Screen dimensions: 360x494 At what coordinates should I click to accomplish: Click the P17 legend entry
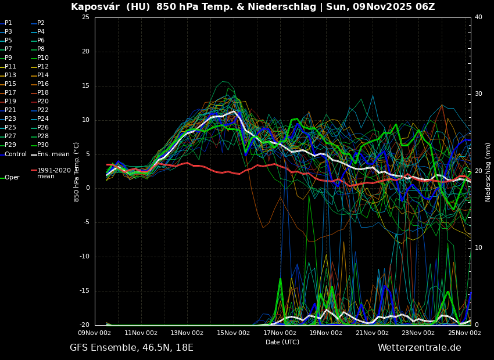click(11, 93)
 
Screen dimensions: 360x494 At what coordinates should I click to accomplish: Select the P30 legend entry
click(43, 145)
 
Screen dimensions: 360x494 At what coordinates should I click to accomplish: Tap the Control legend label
click(16, 154)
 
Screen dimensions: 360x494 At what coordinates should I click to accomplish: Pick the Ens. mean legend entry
click(53, 154)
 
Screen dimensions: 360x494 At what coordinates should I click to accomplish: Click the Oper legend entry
click(12, 178)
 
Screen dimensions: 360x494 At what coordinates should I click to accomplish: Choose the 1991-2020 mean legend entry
click(53, 173)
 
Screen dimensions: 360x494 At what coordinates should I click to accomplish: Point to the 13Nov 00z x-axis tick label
click(187, 333)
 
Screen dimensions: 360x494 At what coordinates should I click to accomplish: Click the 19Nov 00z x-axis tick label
click(325, 333)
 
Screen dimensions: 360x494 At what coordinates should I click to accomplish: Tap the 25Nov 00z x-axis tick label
click(464, 333)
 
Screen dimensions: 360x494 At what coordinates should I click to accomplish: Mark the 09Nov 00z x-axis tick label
click(95, 333)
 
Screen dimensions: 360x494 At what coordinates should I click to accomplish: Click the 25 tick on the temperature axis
click(85, 17)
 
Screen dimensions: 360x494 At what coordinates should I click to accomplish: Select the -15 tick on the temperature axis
click(84, 291)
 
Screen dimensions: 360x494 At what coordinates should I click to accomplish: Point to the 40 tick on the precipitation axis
click(478, 17)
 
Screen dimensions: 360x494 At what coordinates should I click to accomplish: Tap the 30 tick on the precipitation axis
click(478, 94)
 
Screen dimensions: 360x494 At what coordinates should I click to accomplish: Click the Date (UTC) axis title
click(282, 343)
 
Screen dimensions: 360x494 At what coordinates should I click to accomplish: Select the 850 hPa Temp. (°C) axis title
click(77, 171)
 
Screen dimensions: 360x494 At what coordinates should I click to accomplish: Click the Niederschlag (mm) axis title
click(488, 172)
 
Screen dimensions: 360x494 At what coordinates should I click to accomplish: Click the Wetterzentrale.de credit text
click(419, 348)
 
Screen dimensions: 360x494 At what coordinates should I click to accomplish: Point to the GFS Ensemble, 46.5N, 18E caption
click(131, 348)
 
